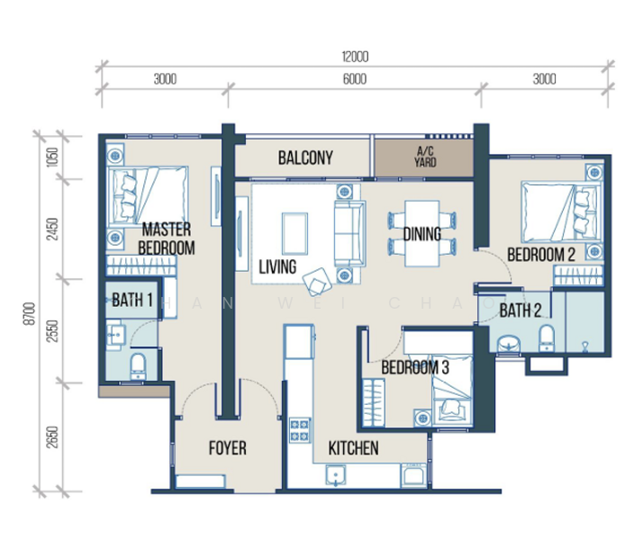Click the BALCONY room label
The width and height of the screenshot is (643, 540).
305,157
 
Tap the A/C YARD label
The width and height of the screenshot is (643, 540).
425,157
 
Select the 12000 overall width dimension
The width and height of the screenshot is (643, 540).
355,57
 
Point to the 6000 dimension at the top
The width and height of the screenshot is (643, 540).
355,78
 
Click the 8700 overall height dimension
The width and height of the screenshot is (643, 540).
30,314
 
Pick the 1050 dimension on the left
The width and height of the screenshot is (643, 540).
52,157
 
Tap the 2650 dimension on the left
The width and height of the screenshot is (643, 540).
52,437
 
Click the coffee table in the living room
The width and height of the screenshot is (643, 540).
294,234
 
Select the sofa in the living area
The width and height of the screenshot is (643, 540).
349,233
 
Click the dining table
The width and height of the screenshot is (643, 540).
422,233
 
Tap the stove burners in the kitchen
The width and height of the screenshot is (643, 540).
300,430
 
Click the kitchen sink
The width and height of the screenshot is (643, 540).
336,476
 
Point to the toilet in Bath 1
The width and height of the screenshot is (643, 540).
138,366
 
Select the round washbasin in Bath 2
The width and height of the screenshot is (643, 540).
509,343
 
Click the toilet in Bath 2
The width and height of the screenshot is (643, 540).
547,338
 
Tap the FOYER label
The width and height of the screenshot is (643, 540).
228,448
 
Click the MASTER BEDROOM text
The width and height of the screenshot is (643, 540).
166,238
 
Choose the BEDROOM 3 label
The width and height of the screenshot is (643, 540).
415,367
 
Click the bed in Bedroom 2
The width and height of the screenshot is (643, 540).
562,212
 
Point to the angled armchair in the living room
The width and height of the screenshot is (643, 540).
317,282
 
